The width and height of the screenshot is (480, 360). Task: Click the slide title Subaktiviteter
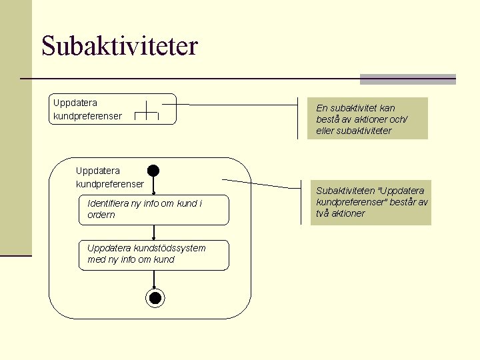click(119, 46)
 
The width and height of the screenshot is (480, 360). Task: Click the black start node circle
click(153, 170)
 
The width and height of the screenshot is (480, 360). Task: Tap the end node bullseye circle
click(155, 297)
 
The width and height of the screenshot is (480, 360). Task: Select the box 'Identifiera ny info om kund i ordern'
click(153, 209)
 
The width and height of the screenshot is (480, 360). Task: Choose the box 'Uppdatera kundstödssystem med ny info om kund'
click(153, 254)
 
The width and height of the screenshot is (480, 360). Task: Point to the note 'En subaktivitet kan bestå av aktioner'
click(369, 119)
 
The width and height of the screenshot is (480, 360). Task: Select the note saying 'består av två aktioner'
click(371, 202)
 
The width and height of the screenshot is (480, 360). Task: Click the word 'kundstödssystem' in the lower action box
click(172, 248)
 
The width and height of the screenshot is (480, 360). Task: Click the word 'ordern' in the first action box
click(101, 215)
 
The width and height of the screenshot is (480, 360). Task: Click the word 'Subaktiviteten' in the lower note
click(342, 191)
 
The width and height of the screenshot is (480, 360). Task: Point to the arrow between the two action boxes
click(154, 233)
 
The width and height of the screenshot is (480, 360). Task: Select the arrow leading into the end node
click(154, 280)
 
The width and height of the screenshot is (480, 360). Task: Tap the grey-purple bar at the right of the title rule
click(407, 79)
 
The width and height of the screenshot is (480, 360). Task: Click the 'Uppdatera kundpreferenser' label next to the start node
click(109, 177)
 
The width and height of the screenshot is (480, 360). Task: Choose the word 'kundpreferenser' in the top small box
click(87, 116)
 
